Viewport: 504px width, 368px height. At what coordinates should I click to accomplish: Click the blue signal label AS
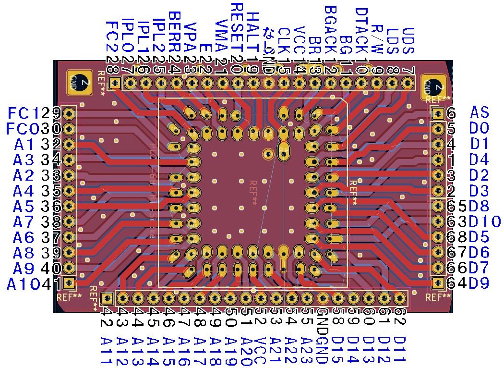[x=479, y=113]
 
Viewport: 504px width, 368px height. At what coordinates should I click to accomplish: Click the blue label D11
[x=399, y=349]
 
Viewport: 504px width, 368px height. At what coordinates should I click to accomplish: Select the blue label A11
[x=106, y=350]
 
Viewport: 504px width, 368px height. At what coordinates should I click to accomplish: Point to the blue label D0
[x=479, y=129]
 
